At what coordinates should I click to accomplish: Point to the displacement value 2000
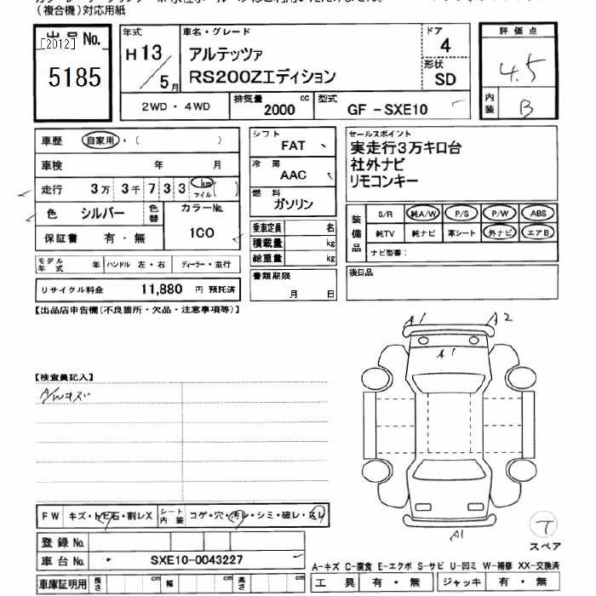(x=279, y=110)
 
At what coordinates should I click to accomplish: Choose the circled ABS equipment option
(x=537, y=214)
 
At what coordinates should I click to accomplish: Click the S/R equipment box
(x=386, y=214)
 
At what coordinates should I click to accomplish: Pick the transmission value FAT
(x=293, y=146)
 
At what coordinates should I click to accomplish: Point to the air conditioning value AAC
(x=293, y=175)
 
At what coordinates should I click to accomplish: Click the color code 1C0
(x=203, y=232)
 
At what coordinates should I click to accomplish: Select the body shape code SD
(x=445, y=80)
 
